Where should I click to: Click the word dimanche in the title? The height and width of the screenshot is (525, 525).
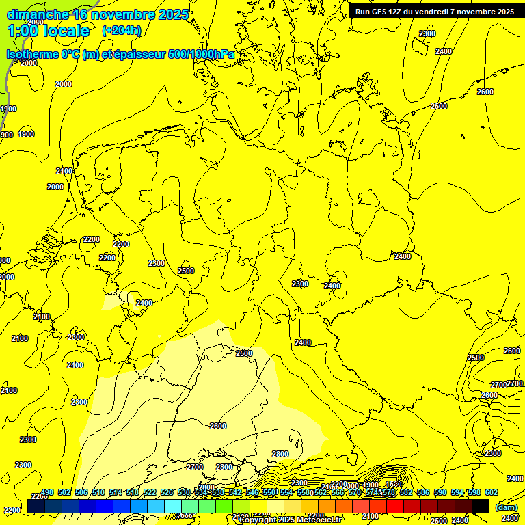38,14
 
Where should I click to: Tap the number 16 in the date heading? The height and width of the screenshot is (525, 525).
81,14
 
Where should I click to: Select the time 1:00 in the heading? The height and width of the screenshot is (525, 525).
23,31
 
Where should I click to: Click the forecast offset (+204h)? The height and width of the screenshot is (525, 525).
121,31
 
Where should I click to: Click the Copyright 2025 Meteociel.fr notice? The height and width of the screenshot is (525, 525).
291,520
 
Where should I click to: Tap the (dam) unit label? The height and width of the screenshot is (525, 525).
506,507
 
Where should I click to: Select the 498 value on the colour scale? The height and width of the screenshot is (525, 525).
47,492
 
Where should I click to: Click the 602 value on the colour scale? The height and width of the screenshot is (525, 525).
491,492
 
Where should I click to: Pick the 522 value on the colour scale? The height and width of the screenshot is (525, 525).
150,492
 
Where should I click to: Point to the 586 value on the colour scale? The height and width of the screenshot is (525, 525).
422,492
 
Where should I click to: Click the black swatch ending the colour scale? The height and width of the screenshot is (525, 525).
481,506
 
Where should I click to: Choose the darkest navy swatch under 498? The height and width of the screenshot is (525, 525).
36,506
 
